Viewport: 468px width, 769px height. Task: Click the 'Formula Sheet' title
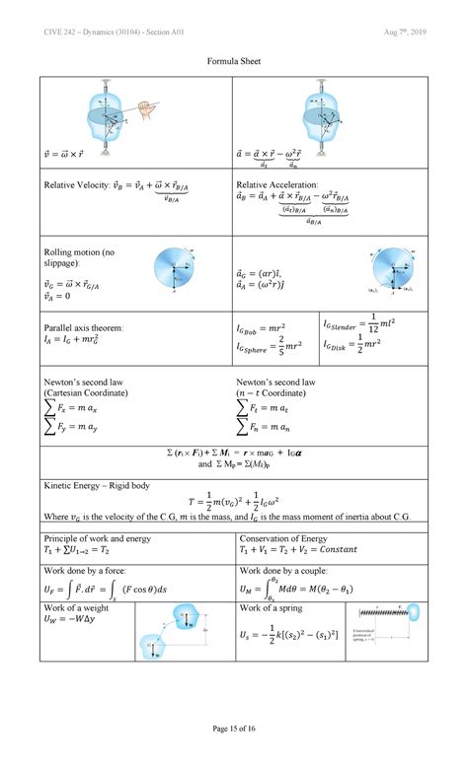[x=234, y=61]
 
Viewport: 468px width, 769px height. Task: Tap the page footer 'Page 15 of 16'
[x=234, y=754]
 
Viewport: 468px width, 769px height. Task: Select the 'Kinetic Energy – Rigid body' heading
[x=97, y=485]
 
